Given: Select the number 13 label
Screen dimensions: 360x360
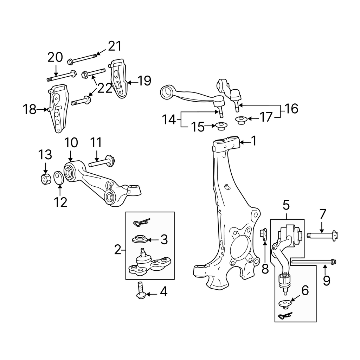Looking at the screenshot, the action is click(45, 155).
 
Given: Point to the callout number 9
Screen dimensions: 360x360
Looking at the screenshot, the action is click(326, 280).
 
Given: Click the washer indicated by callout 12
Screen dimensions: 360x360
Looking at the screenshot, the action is click(59, 178).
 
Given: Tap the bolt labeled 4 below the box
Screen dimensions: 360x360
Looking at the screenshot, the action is click(141, 290).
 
